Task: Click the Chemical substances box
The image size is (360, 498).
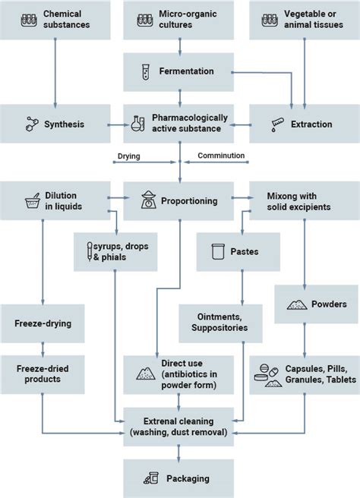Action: click(55, 20)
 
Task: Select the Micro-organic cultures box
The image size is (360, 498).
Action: click(179, 20)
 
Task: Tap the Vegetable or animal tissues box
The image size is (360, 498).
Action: click(304, 20)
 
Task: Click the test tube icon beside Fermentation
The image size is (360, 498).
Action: click(142, 71)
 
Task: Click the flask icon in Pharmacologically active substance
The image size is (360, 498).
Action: click(139, 124)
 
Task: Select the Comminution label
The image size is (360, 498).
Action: click(220, 156)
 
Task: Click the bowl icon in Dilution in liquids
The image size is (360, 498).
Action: click(33, 202)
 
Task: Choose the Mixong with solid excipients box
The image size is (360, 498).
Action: click(304, 201)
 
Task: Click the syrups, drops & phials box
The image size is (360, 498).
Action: click(115, 252)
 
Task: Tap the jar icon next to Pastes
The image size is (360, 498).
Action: click(217, 251)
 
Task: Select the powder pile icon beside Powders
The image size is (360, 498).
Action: click(295, 304)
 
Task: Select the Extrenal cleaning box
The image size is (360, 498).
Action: click(179, 426)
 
